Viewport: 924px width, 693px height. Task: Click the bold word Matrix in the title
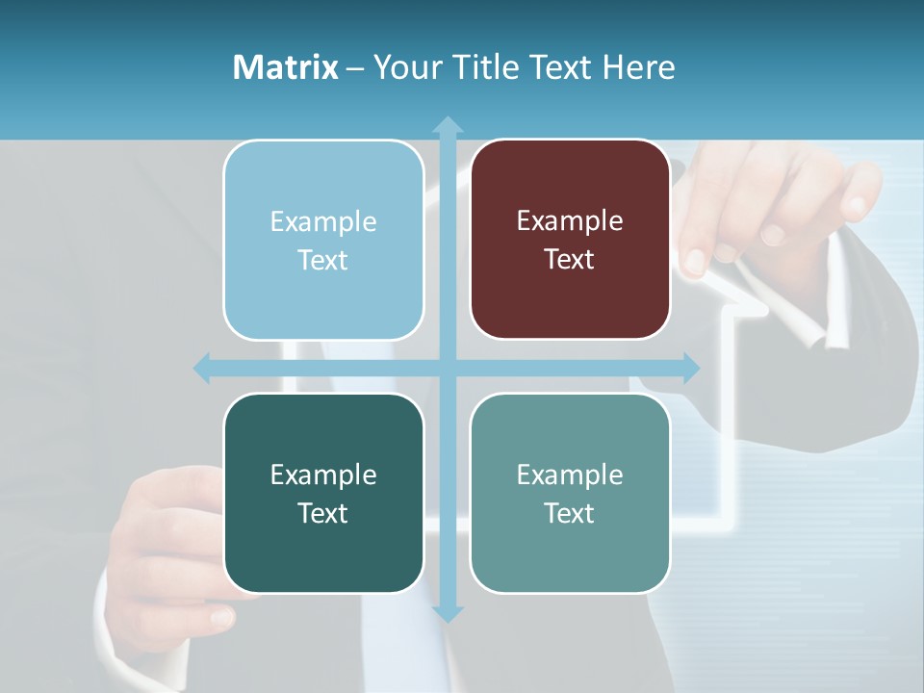click(286, 67)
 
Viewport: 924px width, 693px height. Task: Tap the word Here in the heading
click(638, 67)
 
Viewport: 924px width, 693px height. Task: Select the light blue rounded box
click(323, 240)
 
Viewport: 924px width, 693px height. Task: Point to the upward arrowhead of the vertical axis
click(448, 125)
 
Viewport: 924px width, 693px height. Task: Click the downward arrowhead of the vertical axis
click(448, 612)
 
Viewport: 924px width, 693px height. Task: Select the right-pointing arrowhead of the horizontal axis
click(691, 368)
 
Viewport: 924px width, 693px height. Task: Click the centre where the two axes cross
click(448, 368)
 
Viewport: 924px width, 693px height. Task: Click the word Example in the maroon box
click(570, 221)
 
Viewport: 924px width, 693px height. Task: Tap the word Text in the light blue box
click(323, 261)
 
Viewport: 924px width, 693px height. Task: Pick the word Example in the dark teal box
click(323, 475)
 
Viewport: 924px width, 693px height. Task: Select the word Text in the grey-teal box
click(570, 513)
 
